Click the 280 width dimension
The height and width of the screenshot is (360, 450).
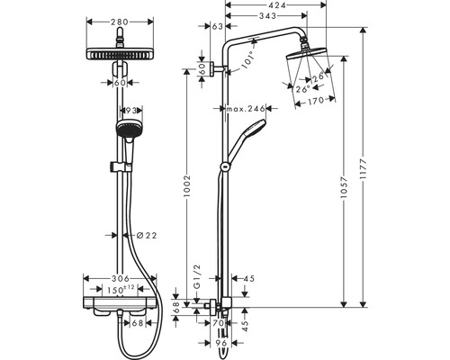pos(120,22)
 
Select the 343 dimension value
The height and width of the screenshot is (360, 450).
pos(267,15)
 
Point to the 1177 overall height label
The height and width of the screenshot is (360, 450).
pos(364,169)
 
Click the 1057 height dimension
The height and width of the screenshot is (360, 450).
pos(344,187)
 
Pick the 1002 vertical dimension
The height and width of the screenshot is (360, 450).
pos(187,186)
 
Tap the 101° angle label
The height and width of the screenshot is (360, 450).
pos(247,59)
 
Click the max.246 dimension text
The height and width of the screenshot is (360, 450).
pos(246,109)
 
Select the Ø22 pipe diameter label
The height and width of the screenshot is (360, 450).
pos(147,236)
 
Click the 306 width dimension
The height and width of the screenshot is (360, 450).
pos(121,279)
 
